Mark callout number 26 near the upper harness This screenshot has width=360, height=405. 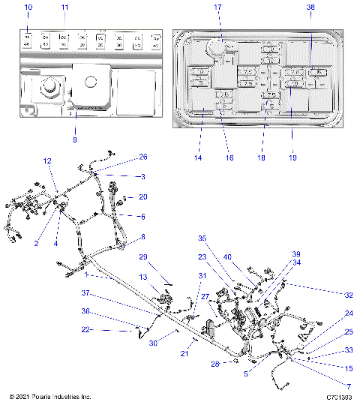pos(143,157)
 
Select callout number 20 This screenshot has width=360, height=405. pos(143,197)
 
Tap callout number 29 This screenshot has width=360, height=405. pos(142,257)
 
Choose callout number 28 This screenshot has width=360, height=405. pos(215,364)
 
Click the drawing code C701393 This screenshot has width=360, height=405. pos(339,396)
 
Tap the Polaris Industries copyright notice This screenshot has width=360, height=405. pos(50,396)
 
